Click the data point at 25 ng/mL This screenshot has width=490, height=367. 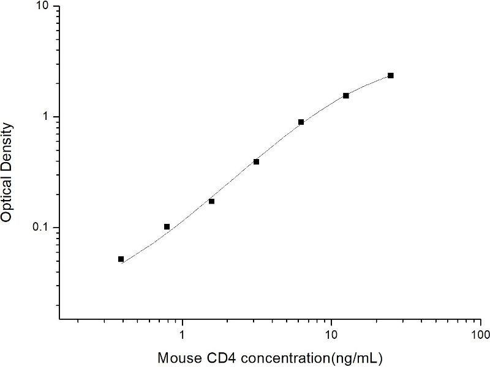pos(391,75)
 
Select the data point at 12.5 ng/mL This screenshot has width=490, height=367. pos(346,95)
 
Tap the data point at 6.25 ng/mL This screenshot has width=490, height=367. pos(301,122)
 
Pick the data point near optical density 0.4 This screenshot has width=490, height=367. pos(256,161)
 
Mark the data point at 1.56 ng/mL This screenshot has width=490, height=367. pos(211,201)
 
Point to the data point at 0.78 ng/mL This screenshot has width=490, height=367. pos(167,227)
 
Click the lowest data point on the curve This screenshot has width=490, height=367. pos(121,259)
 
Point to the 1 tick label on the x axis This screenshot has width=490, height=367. pos(182,335)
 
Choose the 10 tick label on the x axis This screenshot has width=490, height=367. pos(331,335)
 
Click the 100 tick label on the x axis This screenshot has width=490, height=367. pos(480,335)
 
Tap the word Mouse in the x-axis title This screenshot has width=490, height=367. pos(177,356)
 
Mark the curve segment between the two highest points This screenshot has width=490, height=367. pos(369,84)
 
